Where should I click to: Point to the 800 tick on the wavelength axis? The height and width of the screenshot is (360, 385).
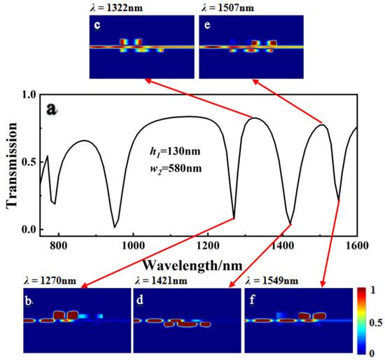click(x=59, y=247)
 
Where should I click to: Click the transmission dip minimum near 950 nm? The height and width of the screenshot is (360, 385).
click(x=114, y=227)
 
